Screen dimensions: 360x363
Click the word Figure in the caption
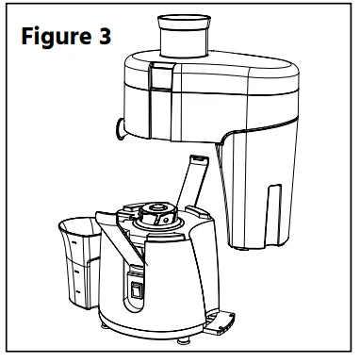pos(56,37)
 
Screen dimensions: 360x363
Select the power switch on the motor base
pos(139,293)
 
